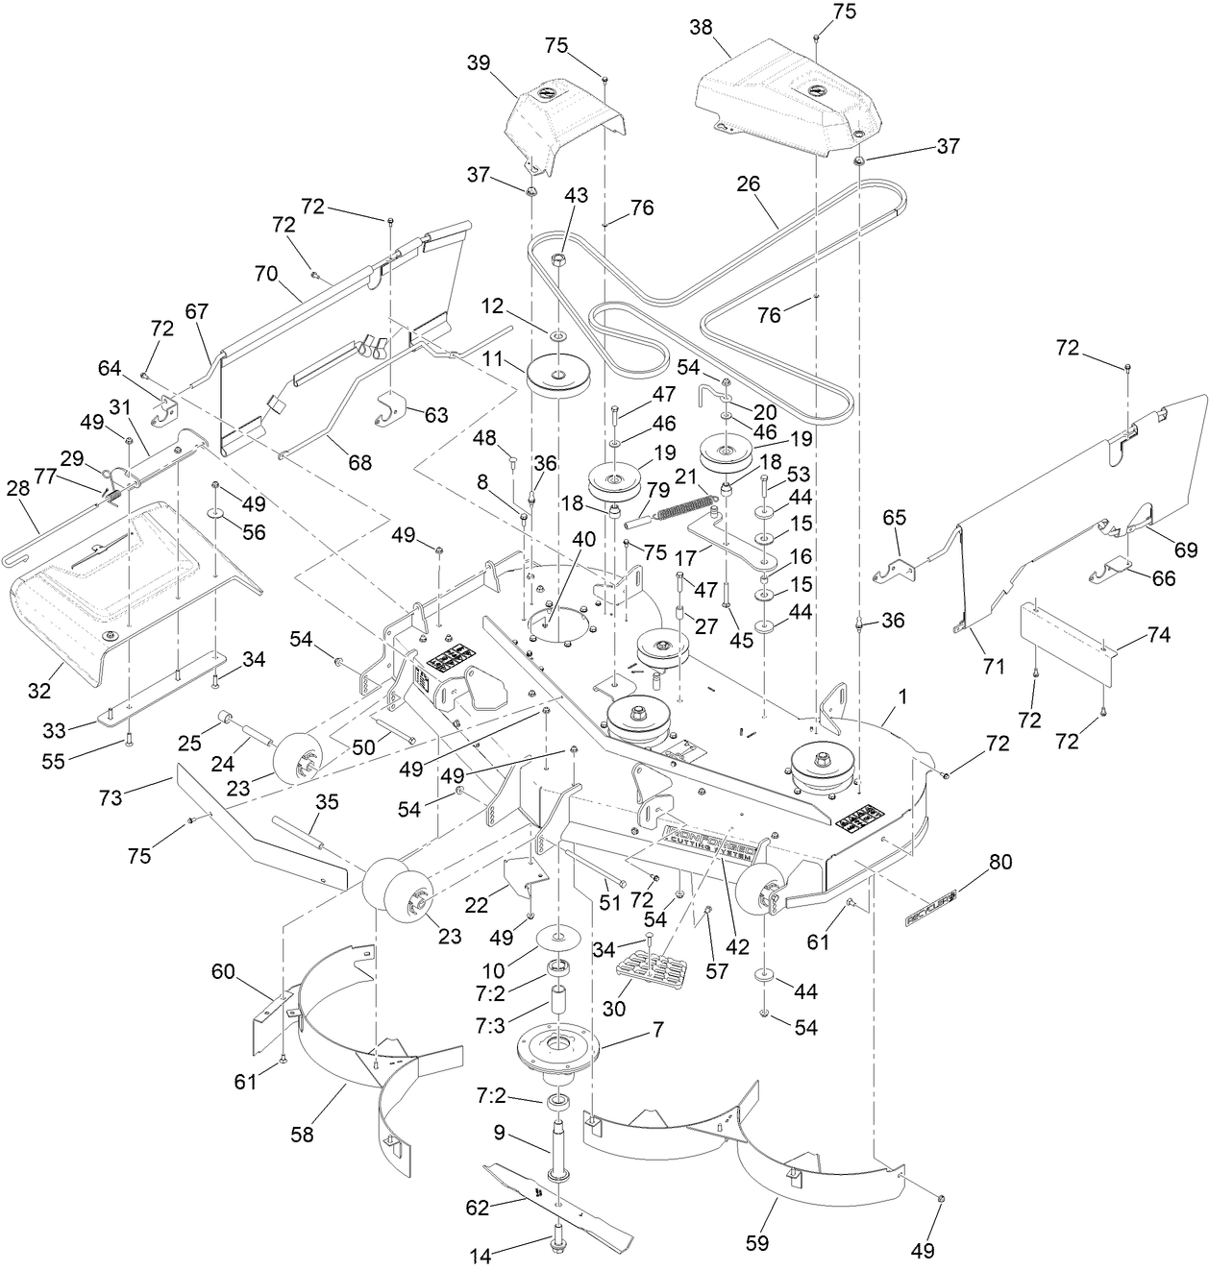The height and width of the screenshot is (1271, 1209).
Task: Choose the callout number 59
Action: coord(757,1242)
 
